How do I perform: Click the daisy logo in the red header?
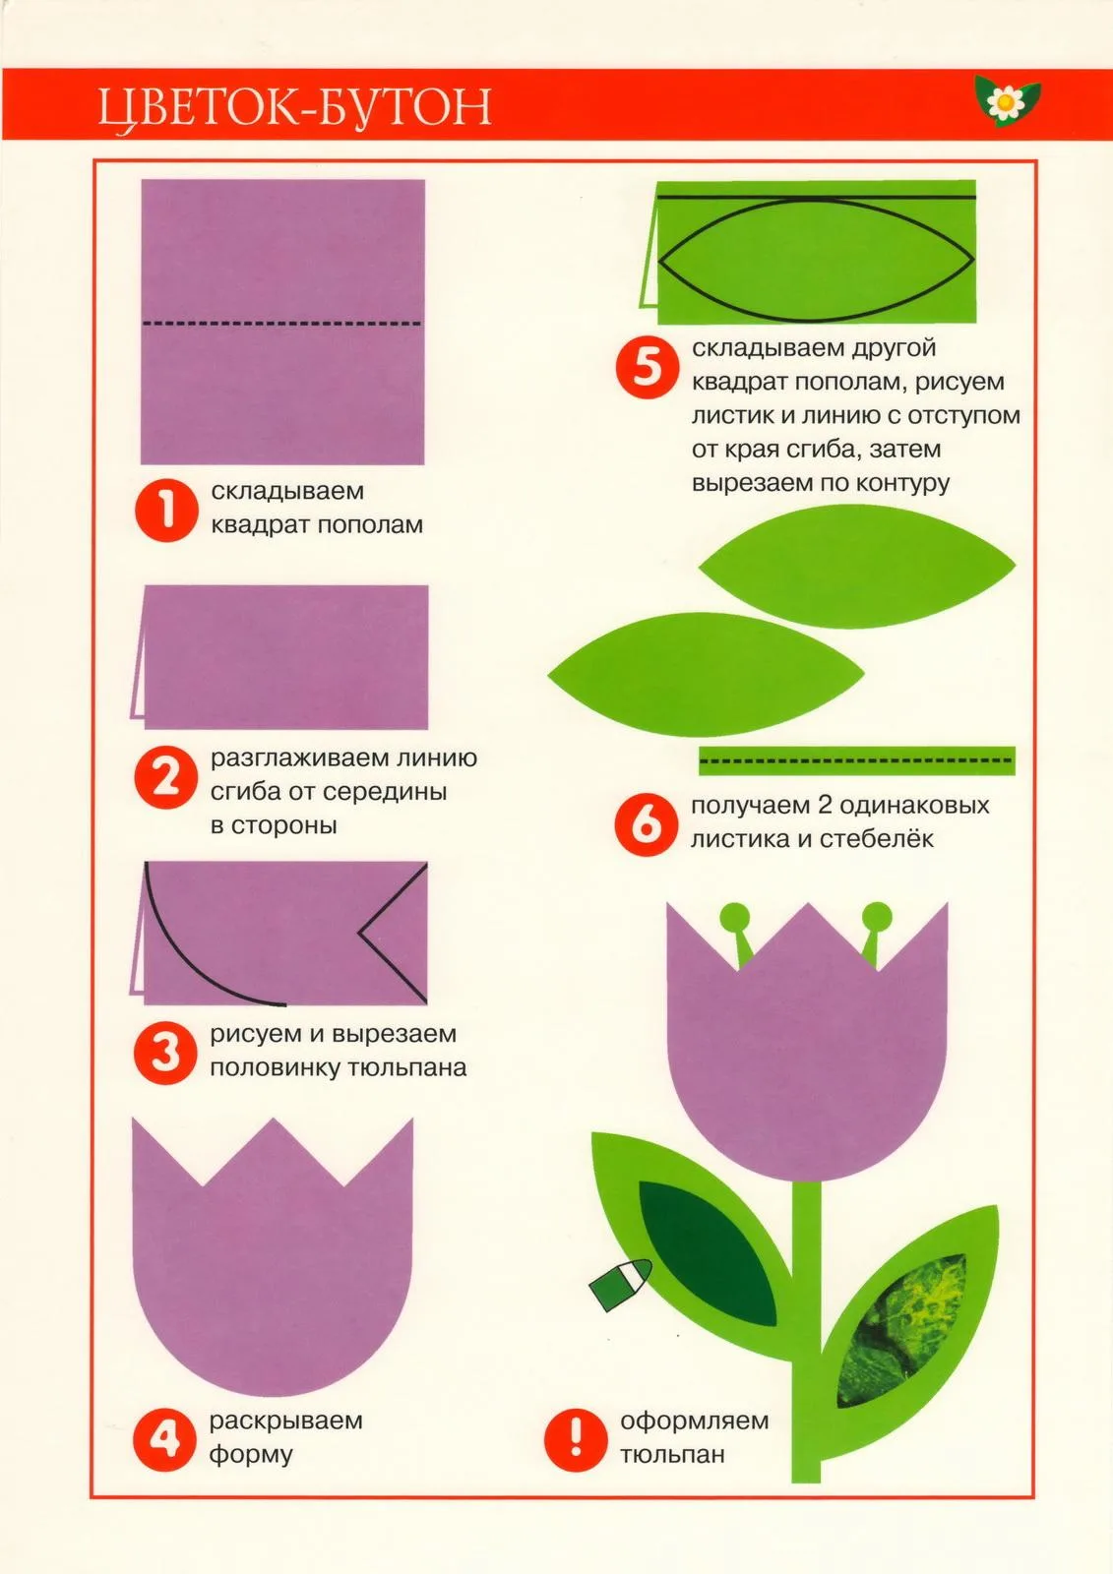tap(1007, 101)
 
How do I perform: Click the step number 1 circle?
tap(166, 511)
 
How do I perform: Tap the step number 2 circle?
tap(166, 777)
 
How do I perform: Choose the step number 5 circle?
tap(648, 368)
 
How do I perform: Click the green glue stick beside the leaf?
tap(621, 1284)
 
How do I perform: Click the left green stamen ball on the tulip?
tap(735, 916)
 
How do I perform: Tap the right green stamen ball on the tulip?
tap(877, 916)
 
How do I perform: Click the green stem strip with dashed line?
tap(856, 761)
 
